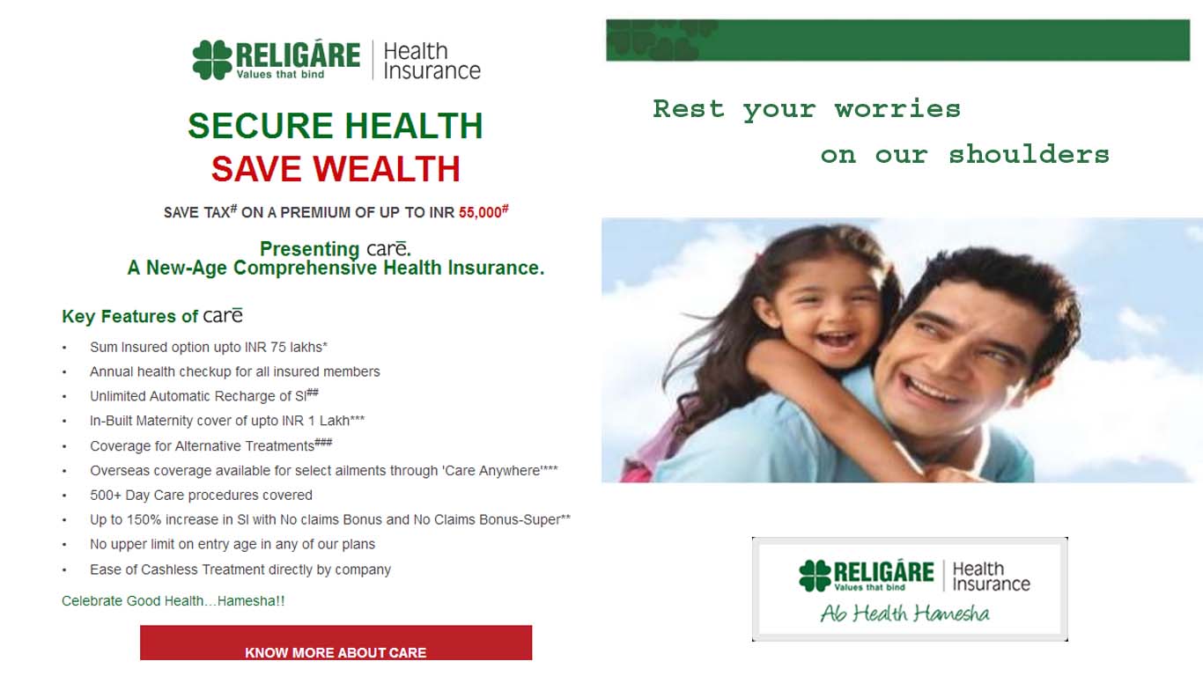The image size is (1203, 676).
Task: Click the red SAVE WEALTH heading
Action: (336, 169)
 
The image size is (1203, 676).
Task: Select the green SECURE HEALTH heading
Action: (336, 126)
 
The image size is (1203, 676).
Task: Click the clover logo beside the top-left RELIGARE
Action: (212, 60)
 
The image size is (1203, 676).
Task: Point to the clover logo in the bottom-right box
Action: (815, 576)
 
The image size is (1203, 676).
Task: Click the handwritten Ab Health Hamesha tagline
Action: (905, 614)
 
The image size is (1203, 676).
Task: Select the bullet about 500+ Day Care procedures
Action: (201, 495)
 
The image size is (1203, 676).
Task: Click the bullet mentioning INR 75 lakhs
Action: (209, 348)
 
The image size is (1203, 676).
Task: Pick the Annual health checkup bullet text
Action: (234, 371)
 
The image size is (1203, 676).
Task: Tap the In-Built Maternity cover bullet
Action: (227, 421)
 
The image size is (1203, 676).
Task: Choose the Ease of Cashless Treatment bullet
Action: (240, 569)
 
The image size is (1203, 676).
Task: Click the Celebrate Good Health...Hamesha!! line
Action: (173, 601)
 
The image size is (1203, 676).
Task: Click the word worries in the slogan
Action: (897, 109)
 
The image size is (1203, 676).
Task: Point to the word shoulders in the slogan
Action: (1029, 155)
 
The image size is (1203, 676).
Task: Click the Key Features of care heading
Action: (152, 316)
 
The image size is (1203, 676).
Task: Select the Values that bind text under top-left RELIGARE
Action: (280, 75)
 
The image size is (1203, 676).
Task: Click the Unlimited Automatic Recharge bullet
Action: (204, 396)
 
